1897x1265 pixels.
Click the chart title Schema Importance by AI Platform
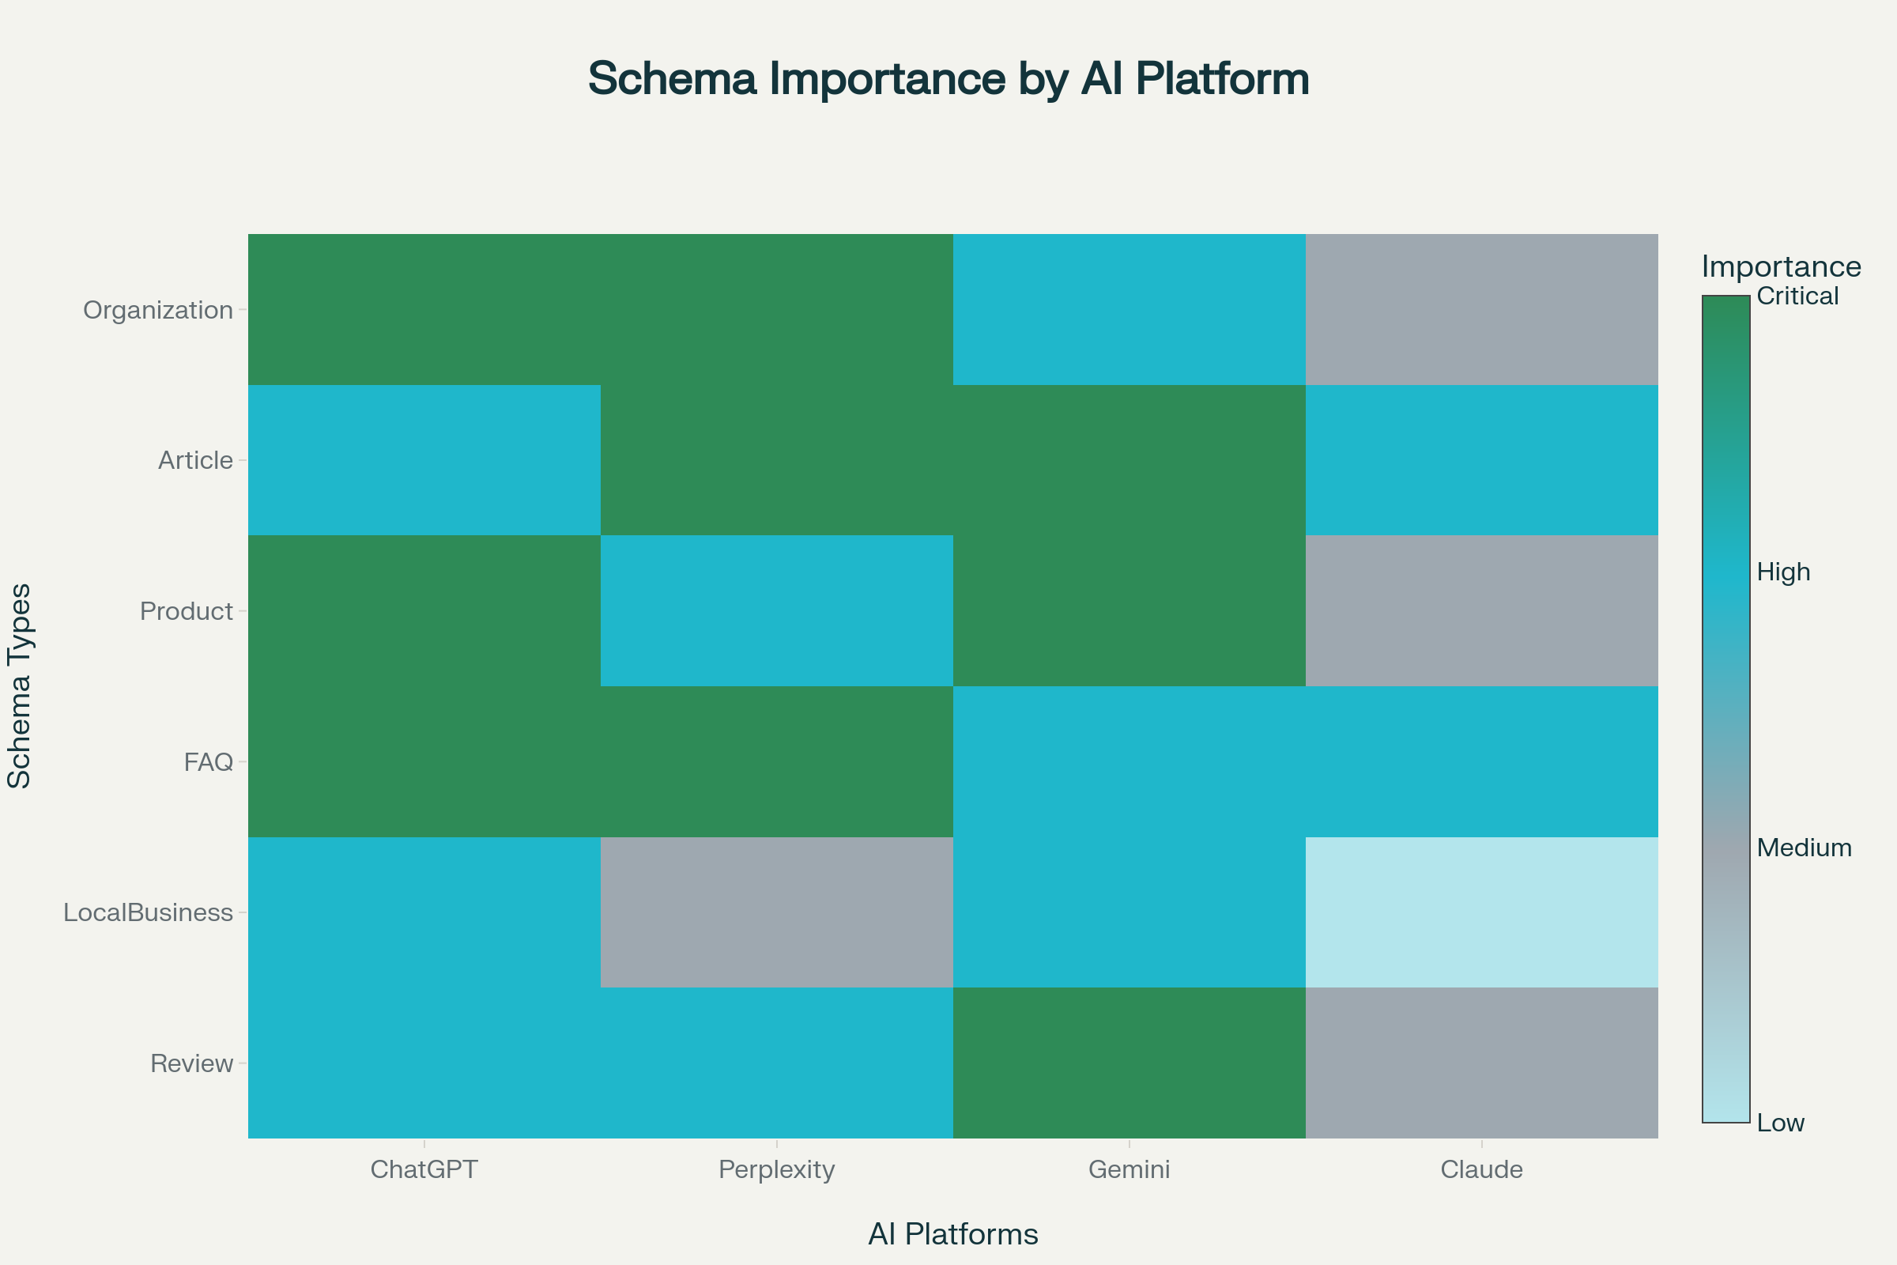[x=948, y=79]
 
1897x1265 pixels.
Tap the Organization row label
[x=158, y=310]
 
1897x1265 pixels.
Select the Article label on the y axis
[x=195, y=460]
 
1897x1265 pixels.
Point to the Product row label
[x=187, y=610]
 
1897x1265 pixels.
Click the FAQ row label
[x=208, y=761]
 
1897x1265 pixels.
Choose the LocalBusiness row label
[x=149, y=912]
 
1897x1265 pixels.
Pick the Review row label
[x=192, y=1063]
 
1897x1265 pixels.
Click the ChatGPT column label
[x=424, y=1169]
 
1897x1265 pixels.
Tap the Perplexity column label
[x=777, y=1169]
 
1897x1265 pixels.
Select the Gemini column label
[x=1130, y=1169]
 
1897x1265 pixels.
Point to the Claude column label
[x=1481, y=1169]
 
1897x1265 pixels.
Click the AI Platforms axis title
[x=952, y=1234]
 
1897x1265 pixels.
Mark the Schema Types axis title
[x=19, y=685]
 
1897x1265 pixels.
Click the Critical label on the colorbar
[x=1797, y=296]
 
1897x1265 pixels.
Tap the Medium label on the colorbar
[x=1804, y=847]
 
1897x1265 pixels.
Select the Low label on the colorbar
[x=1780, y=1123]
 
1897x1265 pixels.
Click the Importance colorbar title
[x=1781, y=266]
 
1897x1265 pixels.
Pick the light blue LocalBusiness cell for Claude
[x=1481, y=912]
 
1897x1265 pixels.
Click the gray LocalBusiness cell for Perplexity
[x=777, y=912]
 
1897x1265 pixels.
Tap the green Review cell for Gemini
[x=1130, y=1063]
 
